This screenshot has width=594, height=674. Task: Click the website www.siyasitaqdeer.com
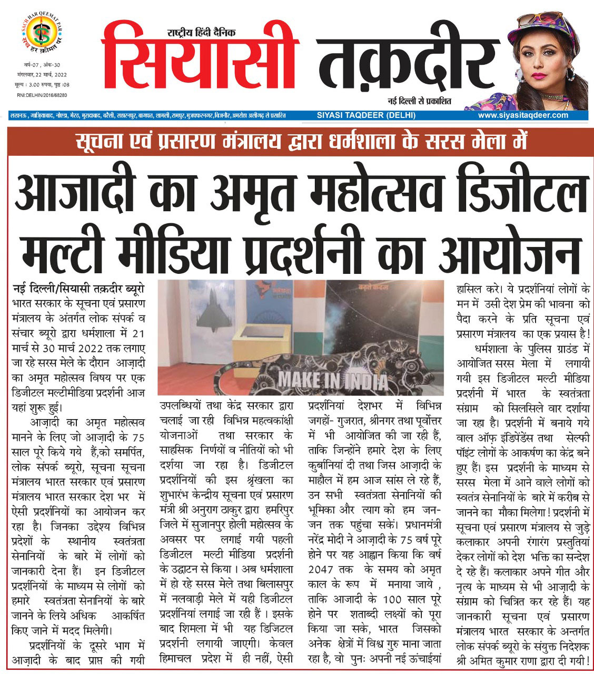[523, 115]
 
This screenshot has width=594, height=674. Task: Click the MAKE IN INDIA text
[332, 380]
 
